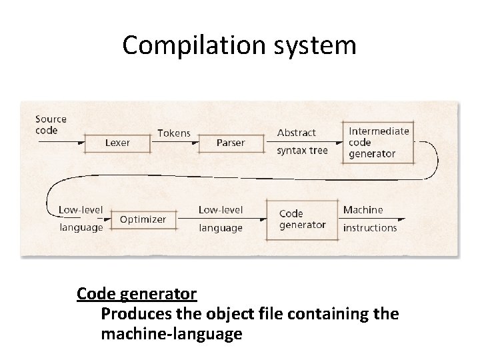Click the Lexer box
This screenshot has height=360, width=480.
coord(117,143)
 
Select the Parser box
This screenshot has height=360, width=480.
coord(231,143)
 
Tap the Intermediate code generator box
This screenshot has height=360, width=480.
coord(378,142)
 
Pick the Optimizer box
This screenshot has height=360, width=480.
coord(143,219)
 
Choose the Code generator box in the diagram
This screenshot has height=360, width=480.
coord(302,219)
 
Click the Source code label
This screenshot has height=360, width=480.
coord(51,125)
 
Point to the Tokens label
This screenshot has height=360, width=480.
coord(173,133)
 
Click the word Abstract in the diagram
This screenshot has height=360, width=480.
coord(296,133)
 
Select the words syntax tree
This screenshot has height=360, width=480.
coord(302,151)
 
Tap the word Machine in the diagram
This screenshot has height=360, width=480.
coord(363,209)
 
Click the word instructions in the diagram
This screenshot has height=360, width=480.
coord(369,227)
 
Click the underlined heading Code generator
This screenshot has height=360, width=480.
coord(136,293)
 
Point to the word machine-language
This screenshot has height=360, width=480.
coord(171,333)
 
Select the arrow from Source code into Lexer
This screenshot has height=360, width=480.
coord(59,143)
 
